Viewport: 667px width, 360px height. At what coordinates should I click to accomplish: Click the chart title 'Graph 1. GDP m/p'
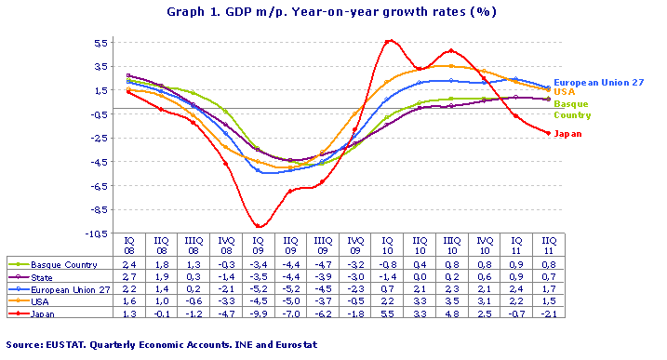click(x=331, y=12)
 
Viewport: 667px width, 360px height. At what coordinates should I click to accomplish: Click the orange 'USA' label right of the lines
click(x=563, y=92)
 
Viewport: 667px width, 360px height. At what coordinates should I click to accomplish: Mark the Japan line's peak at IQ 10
click(x=388, y=41)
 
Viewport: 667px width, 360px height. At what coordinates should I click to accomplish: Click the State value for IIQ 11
click(x=549, y=276)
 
